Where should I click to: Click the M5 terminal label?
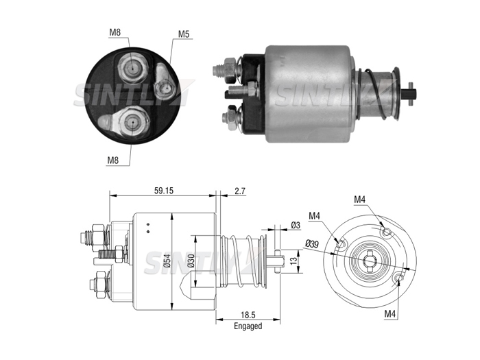click(184, 34)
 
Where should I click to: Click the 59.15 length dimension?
click(163, 191)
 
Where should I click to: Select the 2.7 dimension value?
click(240, 191)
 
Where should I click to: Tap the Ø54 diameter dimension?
click(167, 261)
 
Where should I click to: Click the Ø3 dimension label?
click(296, 226)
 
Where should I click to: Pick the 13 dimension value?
click(293, 261)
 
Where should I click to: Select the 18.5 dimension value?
click(248, 315)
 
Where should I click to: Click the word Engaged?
click(248, 326)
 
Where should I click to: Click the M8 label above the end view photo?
click(115, 32)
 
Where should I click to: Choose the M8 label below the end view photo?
click(113, 160)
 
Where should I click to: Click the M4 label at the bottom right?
click(390, 314)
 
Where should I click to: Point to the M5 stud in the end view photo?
click(166, 88)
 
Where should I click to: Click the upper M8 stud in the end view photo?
click(133, 68)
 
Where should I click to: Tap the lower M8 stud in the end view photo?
click(133, 122)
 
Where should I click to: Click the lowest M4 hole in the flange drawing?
click(399, 278)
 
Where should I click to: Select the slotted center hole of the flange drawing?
click(370, 261)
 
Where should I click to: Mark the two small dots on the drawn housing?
click(148, 228)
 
